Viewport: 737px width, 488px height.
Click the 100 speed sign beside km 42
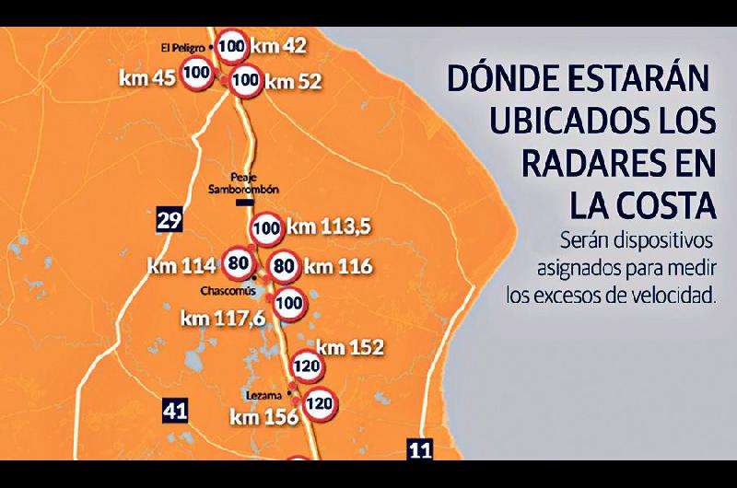tap(234, 45)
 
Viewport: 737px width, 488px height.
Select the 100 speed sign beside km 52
tap(246, 80)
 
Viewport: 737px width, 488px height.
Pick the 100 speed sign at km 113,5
tap(267, 227)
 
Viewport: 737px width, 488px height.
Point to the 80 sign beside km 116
tap(285, 267)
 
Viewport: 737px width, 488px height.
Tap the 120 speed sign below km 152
tap(310, 367)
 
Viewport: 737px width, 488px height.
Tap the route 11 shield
tap(420, 450)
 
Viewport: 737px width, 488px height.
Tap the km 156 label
tap(264, 417)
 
